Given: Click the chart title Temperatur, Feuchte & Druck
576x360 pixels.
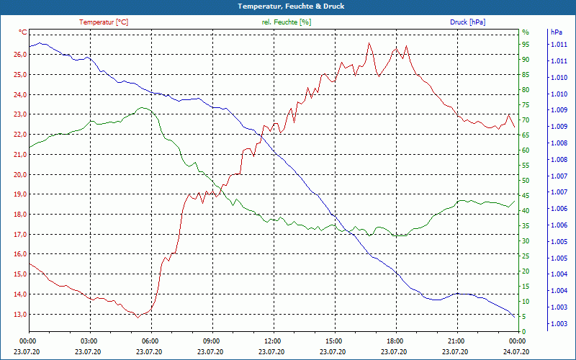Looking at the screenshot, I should tap(288, 6).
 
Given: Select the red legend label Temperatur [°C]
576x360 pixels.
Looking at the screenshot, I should tap(104, 22).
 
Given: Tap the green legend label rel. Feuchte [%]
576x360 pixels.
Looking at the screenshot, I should tap(287, 22).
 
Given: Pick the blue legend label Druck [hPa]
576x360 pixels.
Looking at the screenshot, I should tap(467, 22).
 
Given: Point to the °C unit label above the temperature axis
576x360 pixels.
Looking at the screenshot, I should tap(22, 32).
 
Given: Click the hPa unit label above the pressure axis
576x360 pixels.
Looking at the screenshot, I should tap(555, 32).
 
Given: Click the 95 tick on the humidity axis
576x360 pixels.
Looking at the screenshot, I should tap(526, 45).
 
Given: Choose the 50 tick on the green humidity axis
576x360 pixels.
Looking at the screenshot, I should tap(526, 181).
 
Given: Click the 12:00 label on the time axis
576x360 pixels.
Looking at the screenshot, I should tap(272, 341).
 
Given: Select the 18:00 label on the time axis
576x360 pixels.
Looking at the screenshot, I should tap(395, 341).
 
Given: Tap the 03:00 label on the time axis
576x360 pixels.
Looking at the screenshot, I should tap(89, 341).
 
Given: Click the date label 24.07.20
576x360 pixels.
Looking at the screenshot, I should tap(516, 351).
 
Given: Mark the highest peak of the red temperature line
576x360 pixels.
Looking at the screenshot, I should tap(369, 42).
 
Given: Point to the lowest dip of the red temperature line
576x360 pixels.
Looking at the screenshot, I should tap(138, 317).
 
